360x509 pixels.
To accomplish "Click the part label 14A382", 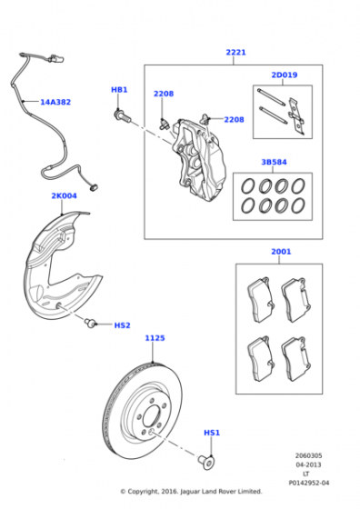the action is pyautogui.click(x=55, y=102).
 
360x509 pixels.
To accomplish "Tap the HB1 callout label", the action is pyautogui.click(x=119, y=90).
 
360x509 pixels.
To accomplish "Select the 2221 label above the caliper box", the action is pyautogui.click(x=235, y=53).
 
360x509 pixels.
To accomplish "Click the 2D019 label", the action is pyautogui.click(x=284, y=75).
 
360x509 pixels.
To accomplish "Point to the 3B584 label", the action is pyautogui.click(x=274, y=162).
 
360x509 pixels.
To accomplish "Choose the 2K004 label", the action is pyautogui.click(x=64, y=195).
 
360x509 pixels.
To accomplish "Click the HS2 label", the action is pyautogui.click(x=122, y=325).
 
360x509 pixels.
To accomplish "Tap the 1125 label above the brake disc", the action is pyautogui.click(x=155, y=338).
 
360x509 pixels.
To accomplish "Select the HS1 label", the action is pyautogui.click(x=212, y=433).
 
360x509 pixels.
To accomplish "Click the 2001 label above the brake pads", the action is pyautogui.click(x=281, y=252).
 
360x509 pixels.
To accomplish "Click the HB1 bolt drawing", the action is pyautogui.click(x=122, y=116).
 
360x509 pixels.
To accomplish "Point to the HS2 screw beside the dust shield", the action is pyautogui.click(x=90, y=323).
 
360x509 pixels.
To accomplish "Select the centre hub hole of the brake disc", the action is pyautogui.click(x=152, y=416).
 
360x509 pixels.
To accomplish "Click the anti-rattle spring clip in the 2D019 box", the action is pyautogui.click(x=296, y=116).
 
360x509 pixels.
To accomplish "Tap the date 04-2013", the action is pyautogui.click(x=308, y=464).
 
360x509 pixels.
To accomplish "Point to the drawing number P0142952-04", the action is pyautogui.click(x=309, y=483).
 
